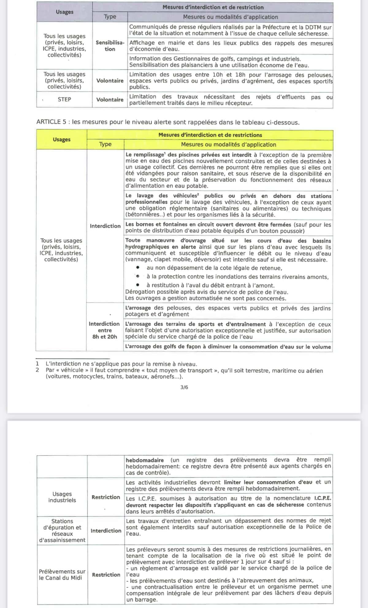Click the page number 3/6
click(x=184, y=387)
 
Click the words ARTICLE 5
click(x=51, y=122)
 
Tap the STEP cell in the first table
click(x=64, y=99)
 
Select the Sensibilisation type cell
click(x=110, y=46)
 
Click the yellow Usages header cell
click(x=62, y=139)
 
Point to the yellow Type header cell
click(x=105, y=144)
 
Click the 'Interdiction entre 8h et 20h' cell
click(x=105, y=330)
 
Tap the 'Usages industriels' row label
click(x=62, y=497)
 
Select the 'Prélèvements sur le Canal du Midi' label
click(x=62, y=575)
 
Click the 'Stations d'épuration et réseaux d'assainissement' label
click(x=62, y=531)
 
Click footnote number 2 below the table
click(x=37, y=370)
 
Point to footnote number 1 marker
click(x=37, y=364)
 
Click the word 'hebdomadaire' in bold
click(x=145, y=460)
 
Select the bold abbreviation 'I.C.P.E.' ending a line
click(x=323, y=498)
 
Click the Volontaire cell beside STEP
click(x=110, y=100)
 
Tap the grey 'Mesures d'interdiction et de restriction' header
click(x=213, y=7)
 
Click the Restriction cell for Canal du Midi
click(x=106, y=575)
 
